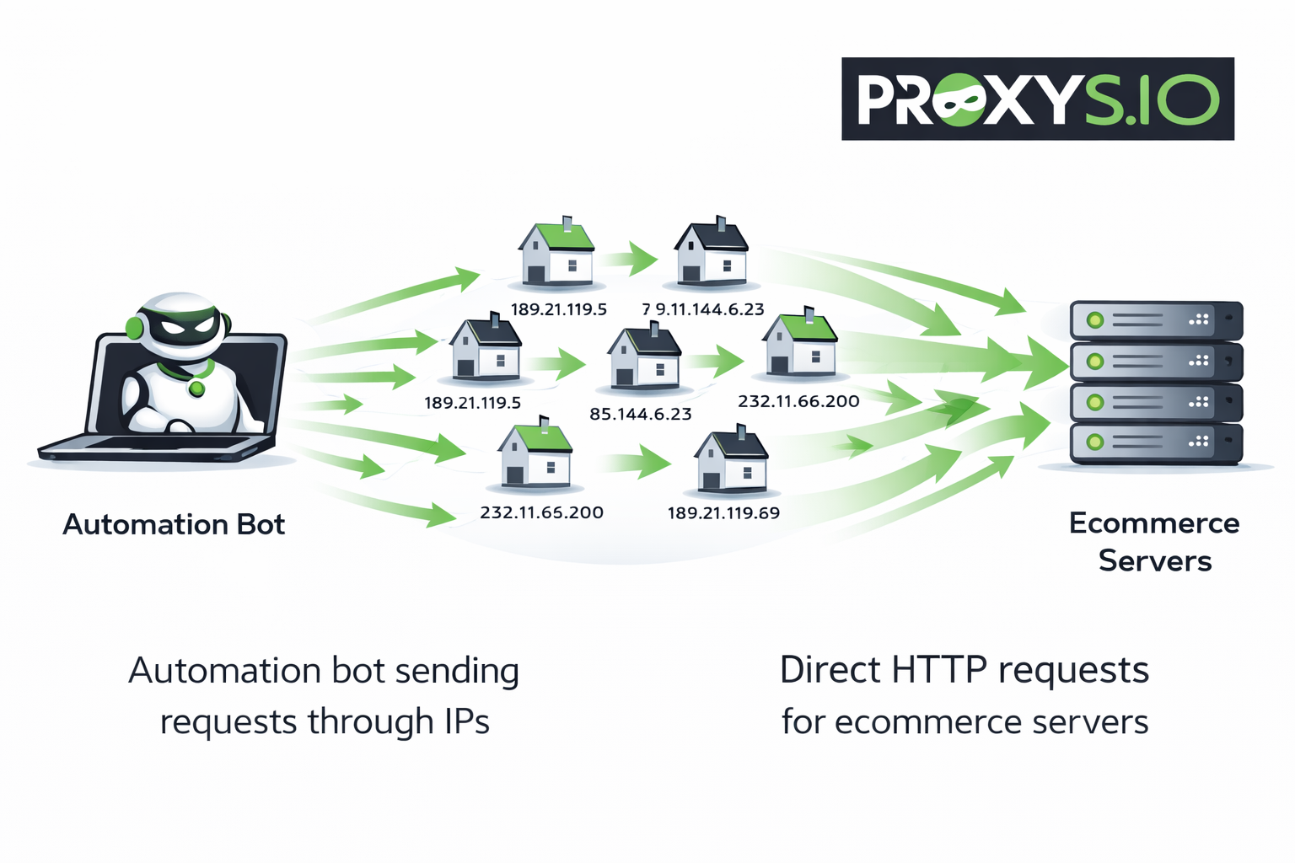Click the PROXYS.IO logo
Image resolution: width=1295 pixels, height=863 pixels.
pyautogui.click(x=1037, y=99)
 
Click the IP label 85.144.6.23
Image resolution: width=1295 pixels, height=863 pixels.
pyautogui.click(x=641, y=414)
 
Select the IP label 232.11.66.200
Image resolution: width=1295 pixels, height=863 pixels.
pyautogui.click(x=798, y=401)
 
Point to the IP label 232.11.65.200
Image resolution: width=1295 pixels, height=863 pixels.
pyautogui.click(x=541, y=512)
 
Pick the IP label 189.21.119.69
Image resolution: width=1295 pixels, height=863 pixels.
pyautogui.click(x=723, y=513)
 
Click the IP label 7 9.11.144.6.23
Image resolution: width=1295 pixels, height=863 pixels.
pyautogui.click(x=703, y=309)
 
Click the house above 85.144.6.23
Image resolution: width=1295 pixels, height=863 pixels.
pyautogui.click(x=645, y=357)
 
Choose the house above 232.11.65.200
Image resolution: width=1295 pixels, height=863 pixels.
pyautogui.click(x=535, y=454)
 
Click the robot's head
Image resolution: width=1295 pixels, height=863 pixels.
pyautogui.click(x=179, y=323)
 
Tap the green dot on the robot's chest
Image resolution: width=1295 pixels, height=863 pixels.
pyautogui.click(x=196, y=389)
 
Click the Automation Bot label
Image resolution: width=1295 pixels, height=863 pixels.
pyautogui.click(x=174, y=524)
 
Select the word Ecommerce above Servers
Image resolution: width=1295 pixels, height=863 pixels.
pyautogui.click(x=1153, y=523)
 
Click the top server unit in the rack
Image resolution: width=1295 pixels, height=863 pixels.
pyautogui.click(x=1155, y=320)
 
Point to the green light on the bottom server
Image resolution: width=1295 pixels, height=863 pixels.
pyautogui.click(x=1094, y=442)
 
